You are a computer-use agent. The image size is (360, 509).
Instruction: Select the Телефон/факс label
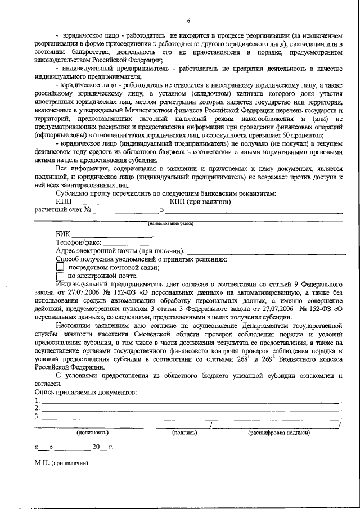click(x=79, y=242)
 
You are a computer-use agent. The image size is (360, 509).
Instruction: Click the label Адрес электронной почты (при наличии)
click(x=120, y=250)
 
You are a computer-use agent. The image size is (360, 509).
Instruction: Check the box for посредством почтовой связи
click(x=61, y=268)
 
